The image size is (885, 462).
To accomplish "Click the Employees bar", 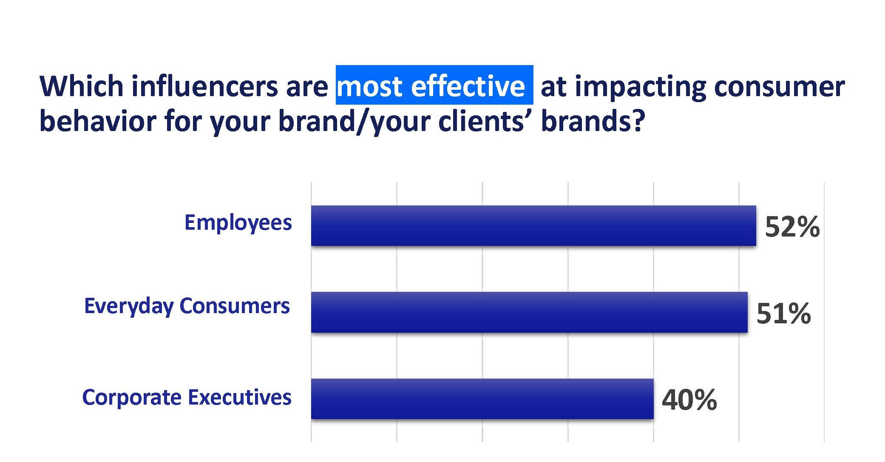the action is coord(533,225).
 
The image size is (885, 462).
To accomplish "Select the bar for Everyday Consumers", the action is coord(529,312).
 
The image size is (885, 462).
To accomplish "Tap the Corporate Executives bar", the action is coord(482,399).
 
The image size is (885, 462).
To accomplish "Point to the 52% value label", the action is coord(792,227).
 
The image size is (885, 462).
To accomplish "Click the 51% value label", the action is coord(784,314).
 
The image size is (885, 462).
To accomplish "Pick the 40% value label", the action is coord(689,400).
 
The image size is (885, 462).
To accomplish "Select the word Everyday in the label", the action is coord(129,307).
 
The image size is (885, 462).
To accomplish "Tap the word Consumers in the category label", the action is coord(235,306).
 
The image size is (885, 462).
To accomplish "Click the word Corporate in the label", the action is coord(132,398).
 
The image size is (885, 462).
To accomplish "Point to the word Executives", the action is coord(240,397).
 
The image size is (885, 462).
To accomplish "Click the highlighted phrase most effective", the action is coord(431,86).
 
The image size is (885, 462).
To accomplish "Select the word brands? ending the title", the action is coord(593,121).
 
